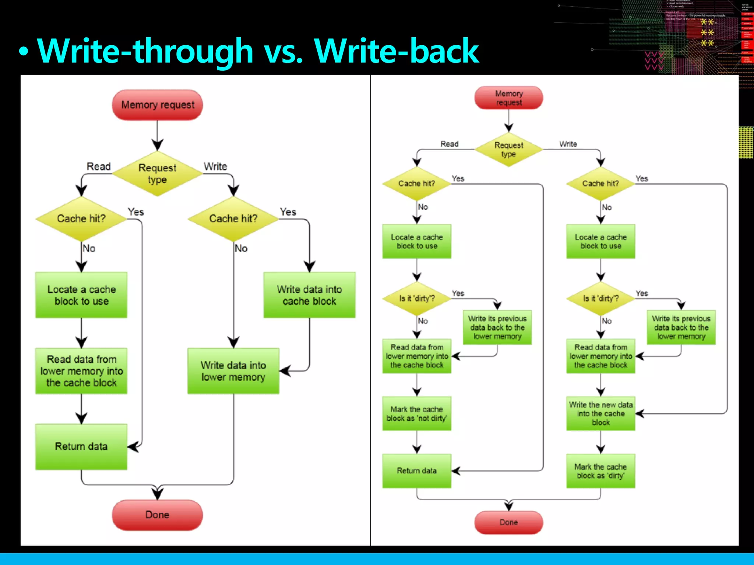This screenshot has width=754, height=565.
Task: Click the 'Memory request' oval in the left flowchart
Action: pos(157,105)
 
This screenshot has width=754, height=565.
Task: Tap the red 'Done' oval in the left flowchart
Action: pos(157,515)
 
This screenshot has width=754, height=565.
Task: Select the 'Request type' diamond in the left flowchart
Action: pos(157,174)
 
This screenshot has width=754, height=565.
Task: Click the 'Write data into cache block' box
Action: pos(309,295)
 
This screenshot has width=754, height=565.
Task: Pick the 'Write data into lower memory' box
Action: pos(233,371)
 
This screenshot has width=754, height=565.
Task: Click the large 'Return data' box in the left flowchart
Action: pos(81,447)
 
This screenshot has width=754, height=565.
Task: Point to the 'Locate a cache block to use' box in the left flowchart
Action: pos(81,295)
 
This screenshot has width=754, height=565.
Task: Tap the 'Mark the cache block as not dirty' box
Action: pos(417,414)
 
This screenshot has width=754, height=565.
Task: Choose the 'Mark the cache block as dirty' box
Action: pos(600,471)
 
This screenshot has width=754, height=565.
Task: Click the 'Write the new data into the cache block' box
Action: pos(600,413)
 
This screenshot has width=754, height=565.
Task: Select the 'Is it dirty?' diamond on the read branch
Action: pos(417,298)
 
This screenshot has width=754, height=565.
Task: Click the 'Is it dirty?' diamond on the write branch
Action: pos(600,298)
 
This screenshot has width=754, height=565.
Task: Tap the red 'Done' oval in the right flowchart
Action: pos(508,522)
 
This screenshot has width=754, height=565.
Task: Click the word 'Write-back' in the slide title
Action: pos(397,51)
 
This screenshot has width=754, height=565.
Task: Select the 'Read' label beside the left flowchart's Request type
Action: pos(99,166)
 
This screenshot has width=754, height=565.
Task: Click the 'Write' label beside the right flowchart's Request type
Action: pos(568,144)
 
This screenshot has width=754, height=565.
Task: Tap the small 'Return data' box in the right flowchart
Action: pos(417,471)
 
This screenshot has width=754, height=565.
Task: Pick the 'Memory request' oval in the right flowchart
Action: pos(508,98)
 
